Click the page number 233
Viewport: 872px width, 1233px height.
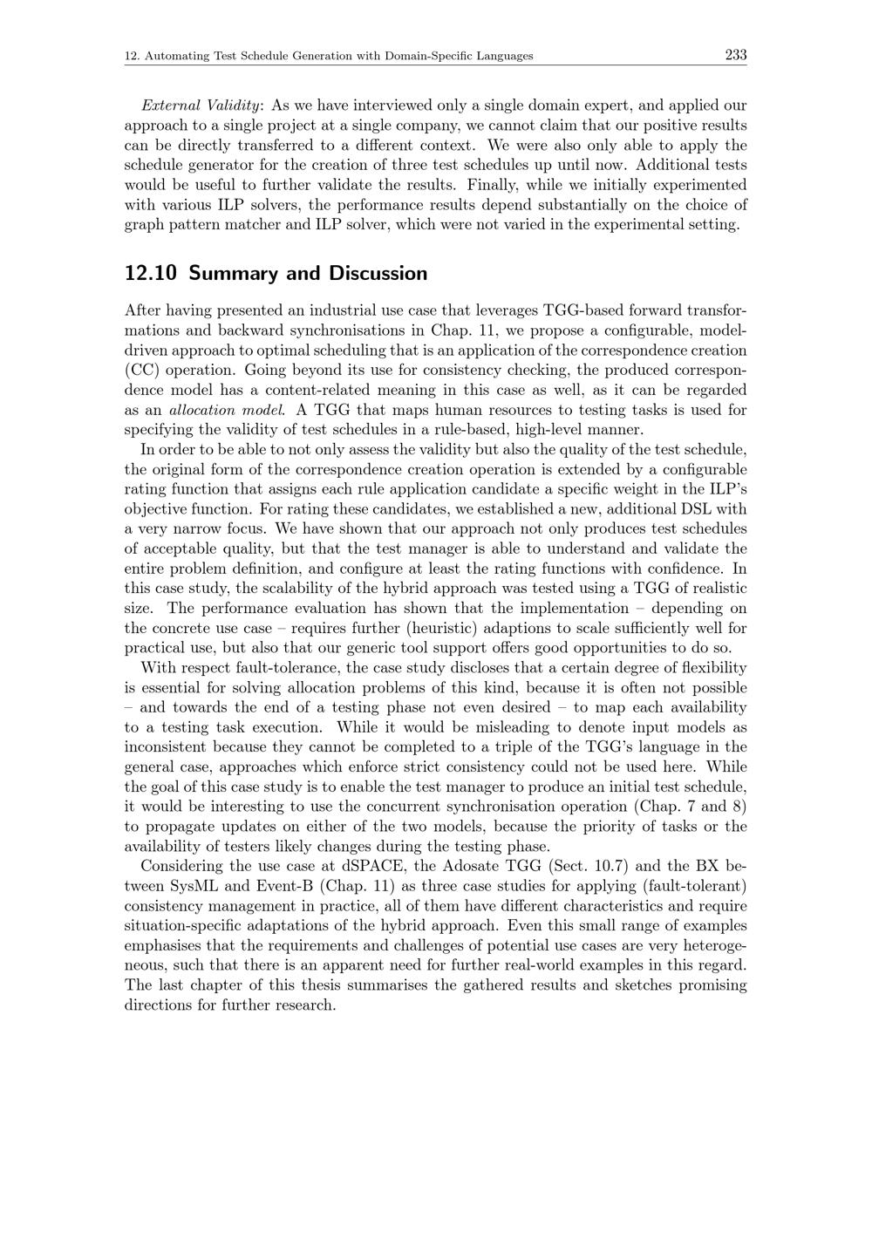735,55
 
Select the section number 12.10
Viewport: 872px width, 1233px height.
151,274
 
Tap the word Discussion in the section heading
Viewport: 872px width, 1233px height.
378,274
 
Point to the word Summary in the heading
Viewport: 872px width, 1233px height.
229,274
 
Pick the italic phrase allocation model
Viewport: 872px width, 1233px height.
227,410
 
